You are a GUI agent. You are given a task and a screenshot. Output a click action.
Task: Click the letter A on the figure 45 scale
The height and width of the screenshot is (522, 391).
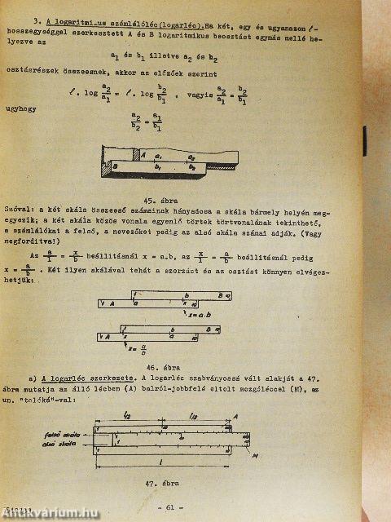tap(142, 155)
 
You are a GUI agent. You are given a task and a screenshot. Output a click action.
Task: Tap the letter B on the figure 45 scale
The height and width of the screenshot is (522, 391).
tap(115, 164)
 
